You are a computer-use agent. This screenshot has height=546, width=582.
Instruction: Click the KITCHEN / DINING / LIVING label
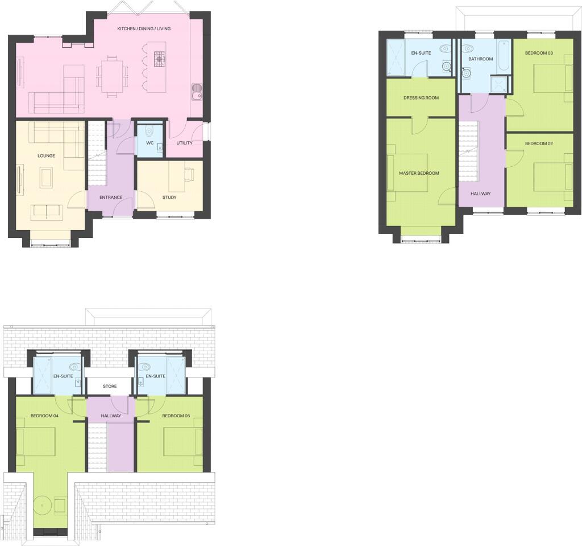(144, 28)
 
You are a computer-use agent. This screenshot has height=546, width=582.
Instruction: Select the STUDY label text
(169, 198)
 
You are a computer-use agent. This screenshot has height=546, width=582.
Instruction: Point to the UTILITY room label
(184, 143)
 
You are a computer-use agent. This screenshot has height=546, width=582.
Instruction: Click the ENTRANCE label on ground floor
(111, 198)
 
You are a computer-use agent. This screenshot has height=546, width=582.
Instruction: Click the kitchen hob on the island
(160, 58)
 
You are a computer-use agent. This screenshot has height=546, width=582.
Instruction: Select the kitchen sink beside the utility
(197, 91)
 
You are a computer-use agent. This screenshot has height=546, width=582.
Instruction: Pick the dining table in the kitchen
(112, 75)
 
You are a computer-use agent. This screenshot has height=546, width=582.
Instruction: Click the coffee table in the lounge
(47, 176)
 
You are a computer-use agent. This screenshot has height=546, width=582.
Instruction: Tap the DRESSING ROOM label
(421, 98)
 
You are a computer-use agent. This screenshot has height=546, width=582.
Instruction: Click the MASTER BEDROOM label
(419, 173)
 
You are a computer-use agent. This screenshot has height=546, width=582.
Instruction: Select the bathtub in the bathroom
(504, 56)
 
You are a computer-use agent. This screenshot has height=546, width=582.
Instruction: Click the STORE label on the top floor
(110, 387)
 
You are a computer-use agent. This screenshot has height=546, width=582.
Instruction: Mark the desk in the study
(189, 176)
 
